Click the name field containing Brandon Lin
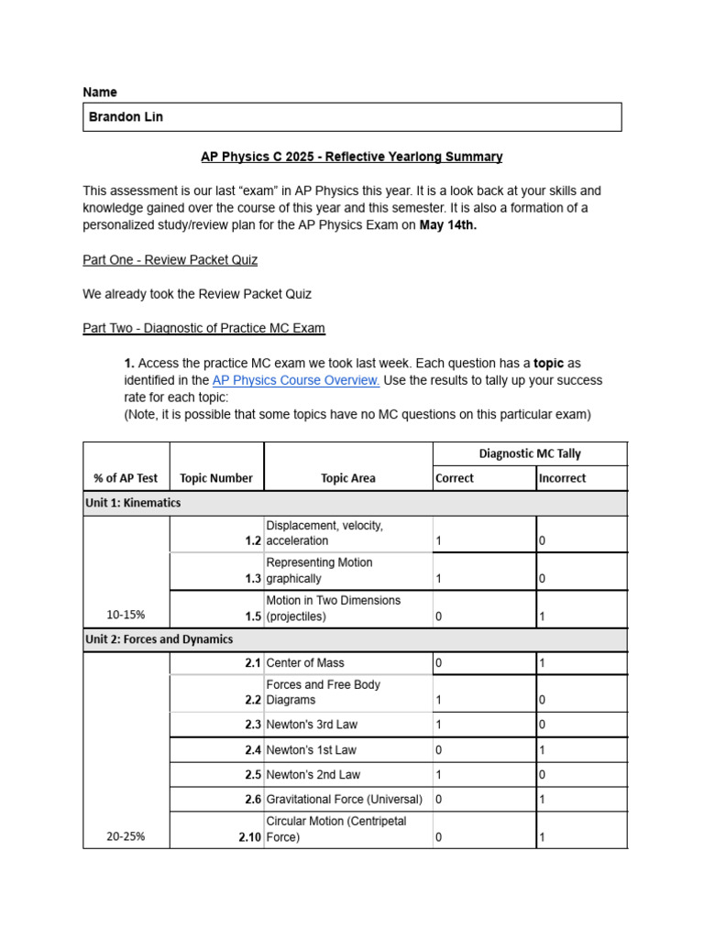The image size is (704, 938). tap(352, 117)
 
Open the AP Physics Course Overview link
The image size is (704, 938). tap(296, 380)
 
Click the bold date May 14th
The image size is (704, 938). tap(447, 225)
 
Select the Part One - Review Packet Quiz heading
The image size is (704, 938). tap(170, 260)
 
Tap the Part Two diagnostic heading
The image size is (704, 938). tap(203, 328)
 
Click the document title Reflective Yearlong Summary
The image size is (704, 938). tap(352, 157)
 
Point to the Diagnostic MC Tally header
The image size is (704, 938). tap(530, 453)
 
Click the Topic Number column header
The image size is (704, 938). tap(216, 478)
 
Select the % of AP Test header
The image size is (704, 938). tap(126, 478)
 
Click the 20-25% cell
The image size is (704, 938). tap(126, 836)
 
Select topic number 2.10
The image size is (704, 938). tap(249, 837)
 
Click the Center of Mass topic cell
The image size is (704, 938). tap(305, 662)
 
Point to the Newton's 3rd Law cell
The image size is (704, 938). tap(312, 725)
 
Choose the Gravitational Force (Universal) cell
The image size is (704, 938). tap(345, 799)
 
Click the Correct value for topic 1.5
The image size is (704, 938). tap(439, 616)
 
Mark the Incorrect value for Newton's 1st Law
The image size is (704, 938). tap(542, 749)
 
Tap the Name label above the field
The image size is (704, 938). tap(100, 93)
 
